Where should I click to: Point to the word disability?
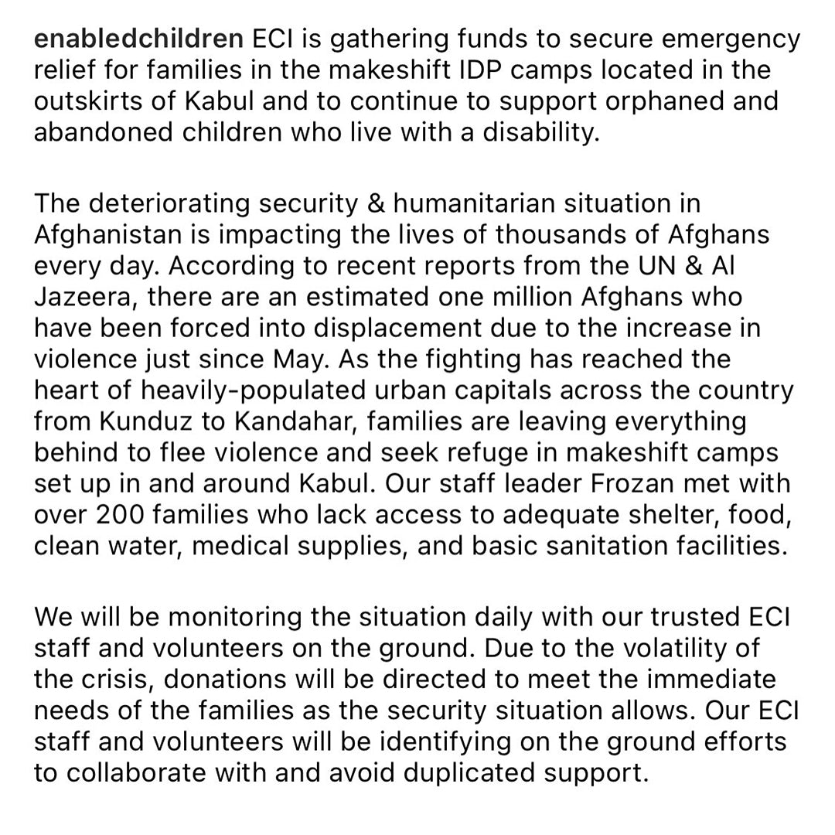pos(541,132)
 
